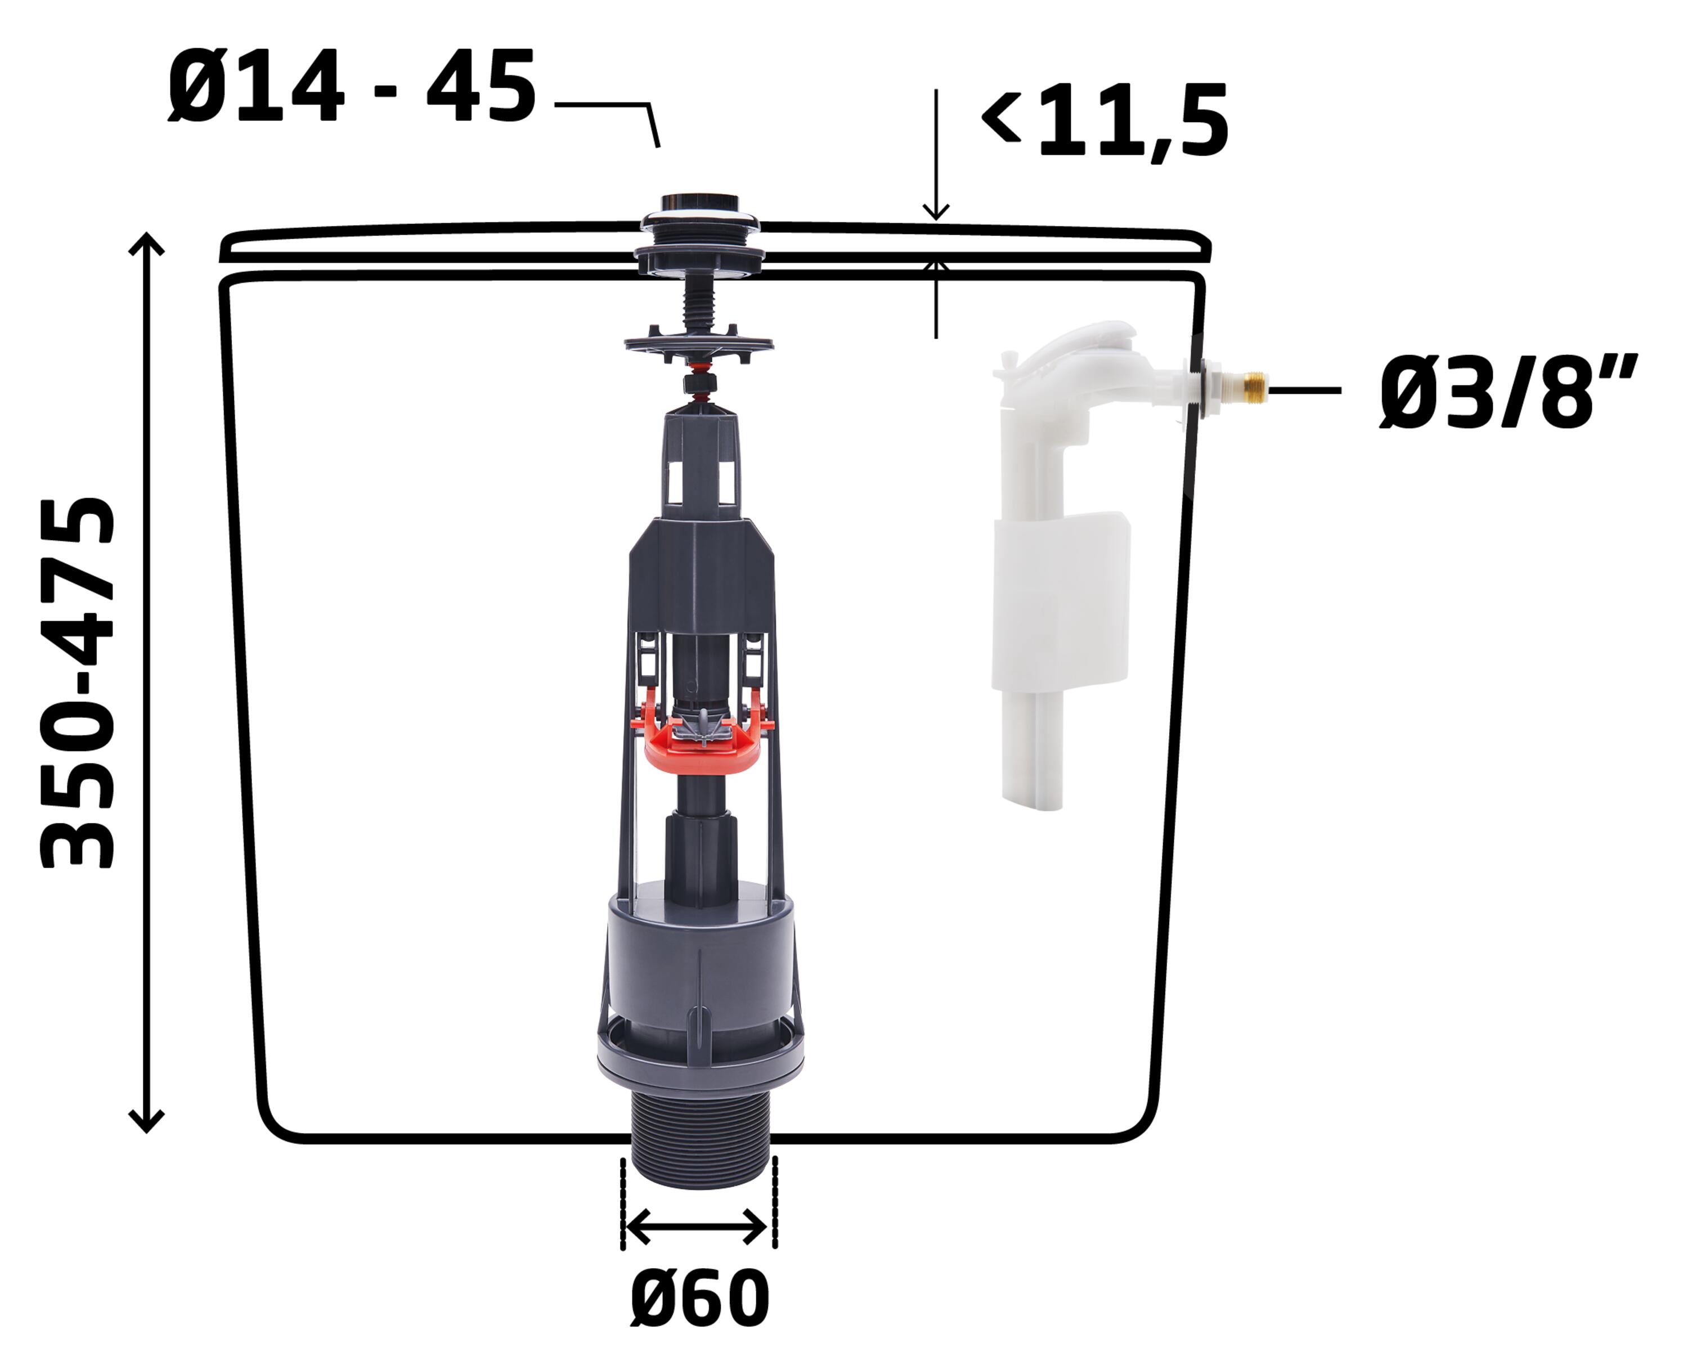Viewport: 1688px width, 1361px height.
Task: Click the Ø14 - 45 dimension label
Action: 352,86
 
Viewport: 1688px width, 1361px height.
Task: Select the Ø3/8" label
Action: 1509,392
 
